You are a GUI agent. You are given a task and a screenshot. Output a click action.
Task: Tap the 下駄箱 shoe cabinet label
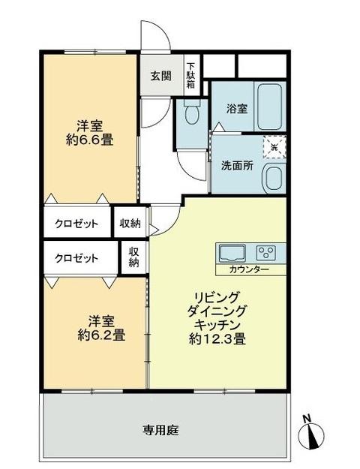(x=190, y=75)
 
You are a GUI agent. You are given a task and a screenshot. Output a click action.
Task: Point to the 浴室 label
(x=237, y=108)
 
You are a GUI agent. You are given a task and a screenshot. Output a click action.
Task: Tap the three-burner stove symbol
(x=267, y=251)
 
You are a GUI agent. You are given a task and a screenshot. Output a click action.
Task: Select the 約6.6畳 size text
(x=88, y=140)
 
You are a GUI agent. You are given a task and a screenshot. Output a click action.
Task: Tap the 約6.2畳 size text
(x=100, y=335)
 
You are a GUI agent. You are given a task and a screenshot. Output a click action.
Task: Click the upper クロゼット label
(x=76, y=223)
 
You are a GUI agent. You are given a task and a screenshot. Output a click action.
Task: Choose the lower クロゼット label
(x=76, y=258)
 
